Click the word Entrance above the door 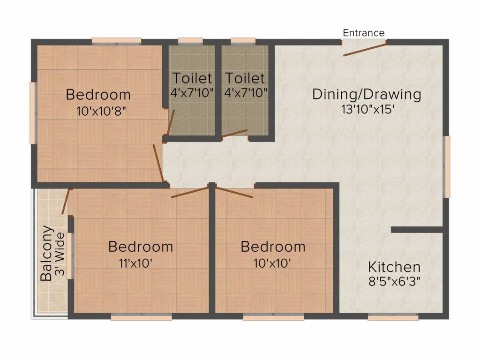click(x=364, y=33)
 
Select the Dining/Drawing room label click(x=367, y=94)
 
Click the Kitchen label click(x=394, y=267)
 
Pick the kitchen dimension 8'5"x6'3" click(x=394, y=282)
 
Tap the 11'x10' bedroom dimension click(x=136, y=263)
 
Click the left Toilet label click(x=192, y=78)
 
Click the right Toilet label click(x=245, y=78)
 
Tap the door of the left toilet click(x=171, y=122)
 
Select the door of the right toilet click(x=235, y=133)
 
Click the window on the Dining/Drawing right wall click(x=447, y=166)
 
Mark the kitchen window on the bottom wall click(x=393, y=317)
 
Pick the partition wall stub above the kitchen click(x=417, y=230)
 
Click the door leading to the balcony click(x=65, y=202)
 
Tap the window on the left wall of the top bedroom click(x=33, y=113)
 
